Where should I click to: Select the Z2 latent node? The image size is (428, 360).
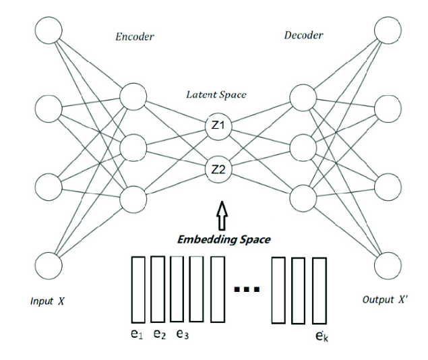click(x=220, y=169)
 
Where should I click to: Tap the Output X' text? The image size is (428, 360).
click(x=385, y=301)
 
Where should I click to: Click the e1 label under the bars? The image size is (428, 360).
click(x=137, y=334)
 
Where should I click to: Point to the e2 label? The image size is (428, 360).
click(x=160, y=334)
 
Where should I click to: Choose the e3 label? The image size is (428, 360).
click(x=182, y=334)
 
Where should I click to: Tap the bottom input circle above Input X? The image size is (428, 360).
click(x=49, y=264)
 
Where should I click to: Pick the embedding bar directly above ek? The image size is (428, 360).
click(x=319, y=290)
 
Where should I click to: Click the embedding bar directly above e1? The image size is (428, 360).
click(x=138, y=289)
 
